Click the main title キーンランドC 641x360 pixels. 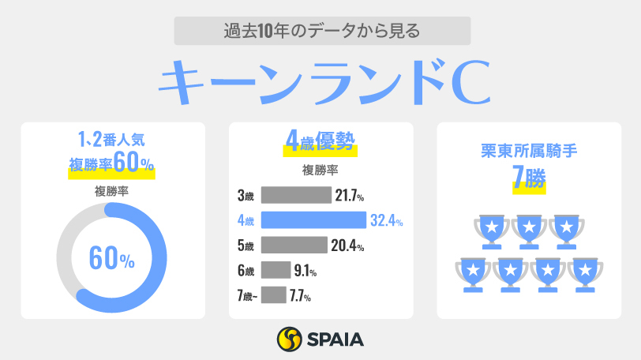tap(320, 84)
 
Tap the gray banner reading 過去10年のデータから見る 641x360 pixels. tap(320, 32)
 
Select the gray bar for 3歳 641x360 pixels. tap(295, 195)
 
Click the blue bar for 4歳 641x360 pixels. tap(313, 220)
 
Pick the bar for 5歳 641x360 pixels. tap(294, 246)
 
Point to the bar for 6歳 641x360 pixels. tap(275, 271)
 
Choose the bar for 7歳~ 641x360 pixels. tap(273, 295)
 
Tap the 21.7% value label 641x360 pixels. tap(350, 195)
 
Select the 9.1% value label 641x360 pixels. tap(305, 271)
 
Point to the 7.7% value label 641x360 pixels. tap(299, 296)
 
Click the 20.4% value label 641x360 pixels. tap(347, 246)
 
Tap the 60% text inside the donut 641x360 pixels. tap(111, 257)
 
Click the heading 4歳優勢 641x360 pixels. tap(320, 144)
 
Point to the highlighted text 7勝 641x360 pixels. tap(529, 178)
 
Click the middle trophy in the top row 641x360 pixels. tap(529, 230)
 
